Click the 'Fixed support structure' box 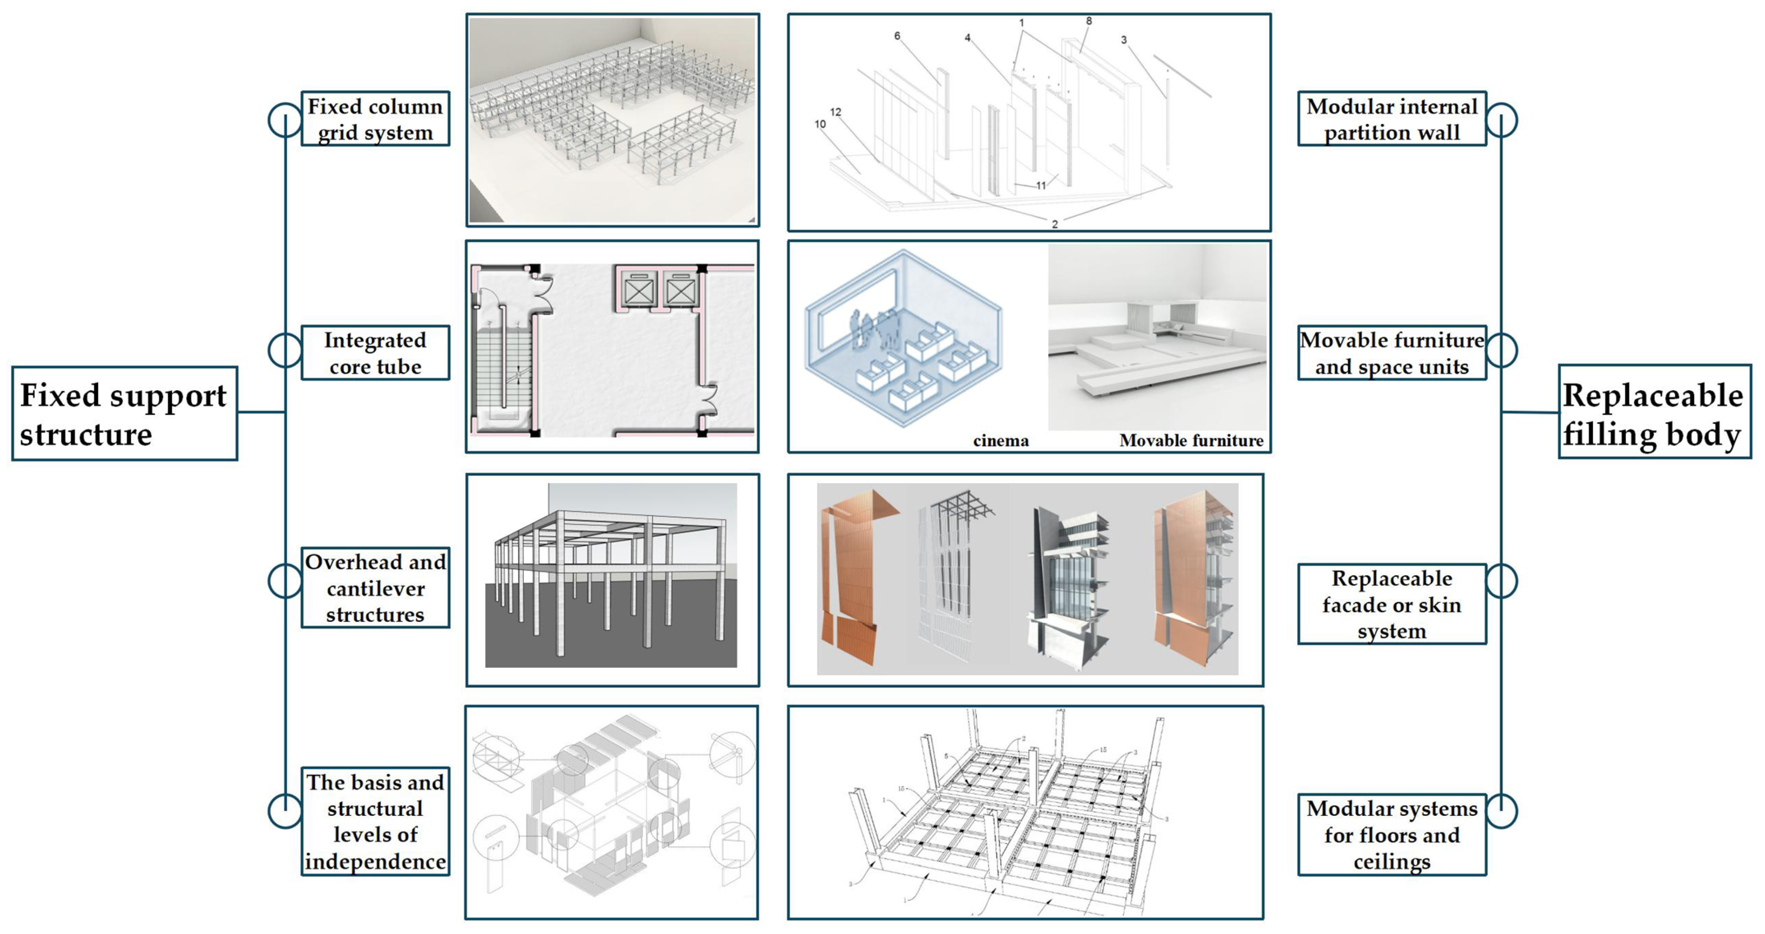125,414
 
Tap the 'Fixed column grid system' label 376,119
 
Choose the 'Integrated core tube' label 376,353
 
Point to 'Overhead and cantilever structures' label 376,588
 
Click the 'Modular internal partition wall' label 1392,119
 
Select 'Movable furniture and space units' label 1392,353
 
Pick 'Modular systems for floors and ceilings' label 1392,834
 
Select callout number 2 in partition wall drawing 1054,224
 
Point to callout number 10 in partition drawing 820,124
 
